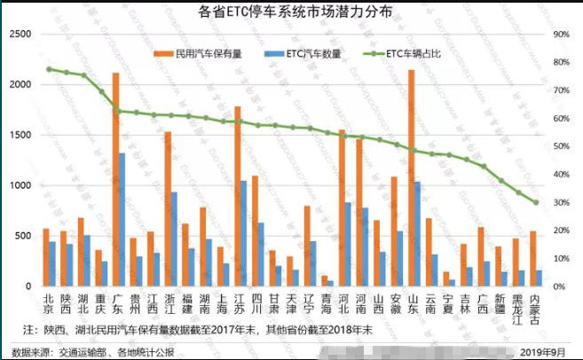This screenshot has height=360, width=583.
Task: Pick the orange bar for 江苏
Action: coord(237,196)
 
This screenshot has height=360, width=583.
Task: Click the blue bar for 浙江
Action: coord(174,239)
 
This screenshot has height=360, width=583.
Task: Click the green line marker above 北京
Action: coord(50,69)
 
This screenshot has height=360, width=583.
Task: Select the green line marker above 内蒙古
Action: coord(535,202)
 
